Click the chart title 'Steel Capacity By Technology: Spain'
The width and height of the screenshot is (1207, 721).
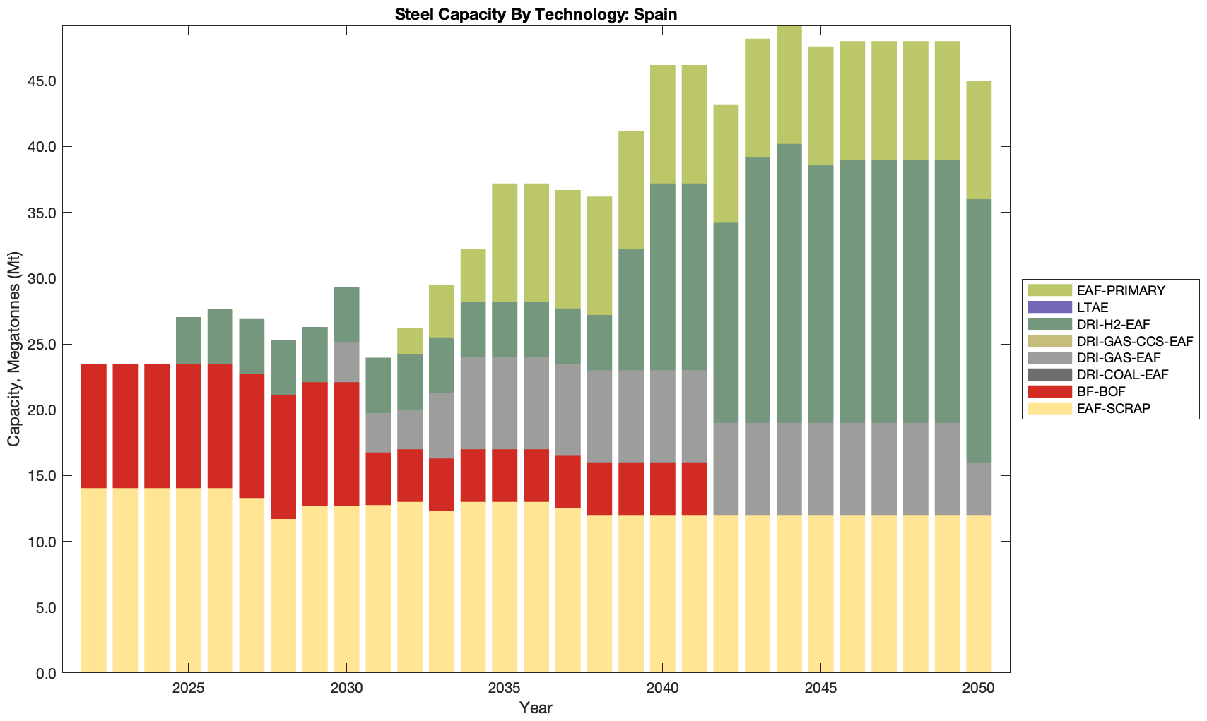[x=536, y=14]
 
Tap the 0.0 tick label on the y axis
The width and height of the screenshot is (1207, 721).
[x=46, y=673]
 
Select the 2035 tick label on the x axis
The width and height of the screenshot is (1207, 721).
[x=505, y=689]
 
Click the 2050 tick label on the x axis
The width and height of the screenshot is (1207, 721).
[x=979, y=689]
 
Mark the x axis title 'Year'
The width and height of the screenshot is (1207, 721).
[x=536, y=708]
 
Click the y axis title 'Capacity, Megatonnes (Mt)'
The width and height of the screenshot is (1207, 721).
[x=14, y=349]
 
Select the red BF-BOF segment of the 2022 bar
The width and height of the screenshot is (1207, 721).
[x=94, y=427]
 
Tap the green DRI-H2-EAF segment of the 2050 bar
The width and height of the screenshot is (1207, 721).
[x=979, y=330]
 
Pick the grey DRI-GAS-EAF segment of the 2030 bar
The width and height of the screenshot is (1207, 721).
[x=346, y=362]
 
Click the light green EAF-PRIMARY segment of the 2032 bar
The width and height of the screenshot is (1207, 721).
[x=410, y=341]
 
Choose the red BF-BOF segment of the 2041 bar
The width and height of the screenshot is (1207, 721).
[x=694, y=489]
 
